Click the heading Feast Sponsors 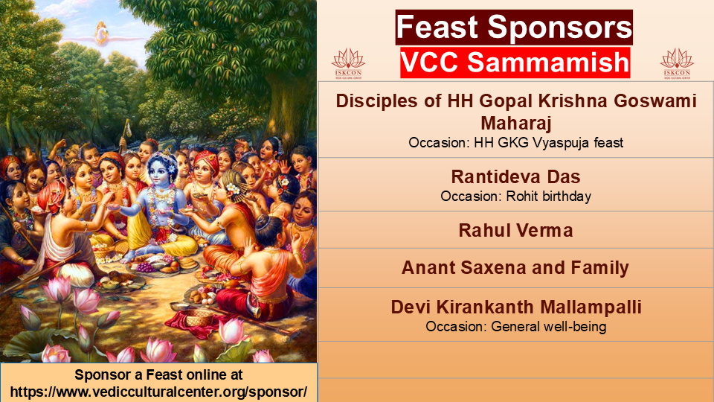click(514, 28)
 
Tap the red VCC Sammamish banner click(515, 63)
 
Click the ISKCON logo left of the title click(348, 64)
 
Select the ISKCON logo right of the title click(677, 64)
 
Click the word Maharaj click(516, 123)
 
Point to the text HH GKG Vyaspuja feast click(548, 143)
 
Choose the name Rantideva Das click(515, 176)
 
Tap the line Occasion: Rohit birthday click(515, 197)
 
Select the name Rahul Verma click(515, 230)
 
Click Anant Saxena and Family click(515, 267)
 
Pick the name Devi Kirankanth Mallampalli click(516, 307)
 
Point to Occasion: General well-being click(516, 327)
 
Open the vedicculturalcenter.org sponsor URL click(158, 392)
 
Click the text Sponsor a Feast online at click(158, 374)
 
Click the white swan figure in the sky click(102, 33)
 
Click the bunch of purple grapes click(145, 267)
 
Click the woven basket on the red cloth click(199, 317)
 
